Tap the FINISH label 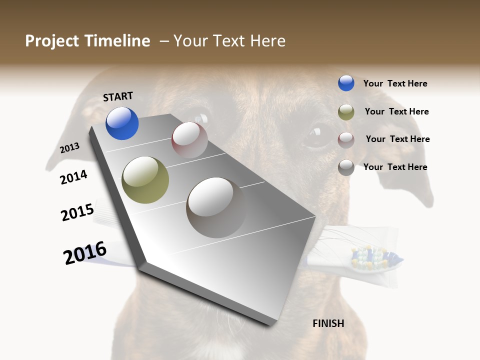pos(328,323)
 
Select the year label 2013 pos(69,148)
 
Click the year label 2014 pos(74,177)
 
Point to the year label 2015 pos(77,212)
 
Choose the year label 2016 pos(85,253)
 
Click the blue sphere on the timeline pos(122,123)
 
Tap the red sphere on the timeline pos(189,140)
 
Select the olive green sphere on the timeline pos(145,180)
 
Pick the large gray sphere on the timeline pos(216,207)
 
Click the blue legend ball pos(346,83)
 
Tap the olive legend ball pos(346,112)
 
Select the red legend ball pos(346,139)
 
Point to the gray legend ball pos(346,167)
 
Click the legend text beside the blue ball pos(395,83)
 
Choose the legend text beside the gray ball pos(395,167)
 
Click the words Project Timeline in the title pos(87,41)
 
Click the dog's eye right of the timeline pos(316,134)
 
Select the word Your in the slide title pos(190,41)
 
